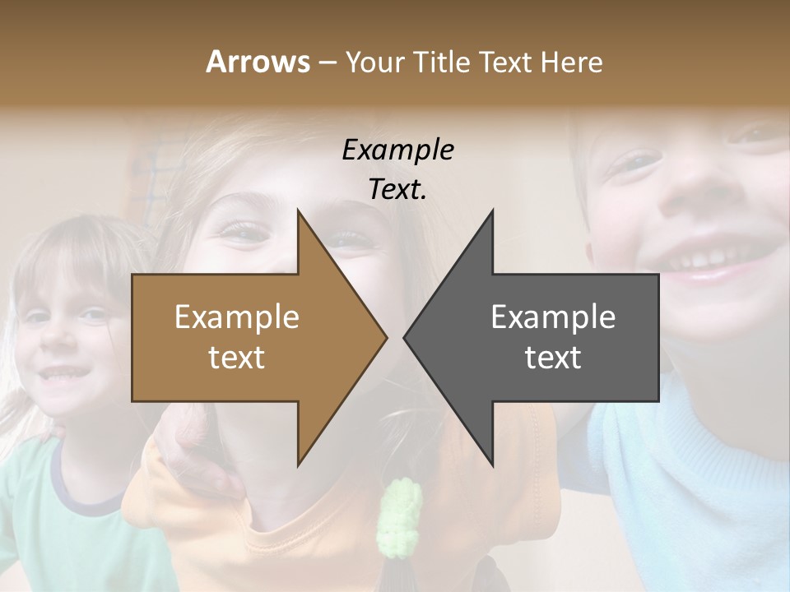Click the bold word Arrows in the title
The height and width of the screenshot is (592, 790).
click(x=258, y=62)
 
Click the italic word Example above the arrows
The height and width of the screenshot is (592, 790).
click(x=397, y=150)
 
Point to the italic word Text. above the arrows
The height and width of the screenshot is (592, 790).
click(x=397, y=189)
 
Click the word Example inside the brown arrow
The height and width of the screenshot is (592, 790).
click(x=236, y=317)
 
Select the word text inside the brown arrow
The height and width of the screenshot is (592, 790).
click(x=236, y=358)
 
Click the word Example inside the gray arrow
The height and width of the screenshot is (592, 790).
click(x=553, y=317)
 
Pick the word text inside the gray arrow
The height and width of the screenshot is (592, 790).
click(x=553, y=358)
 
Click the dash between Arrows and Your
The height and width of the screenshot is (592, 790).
click(x=327, y=62)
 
